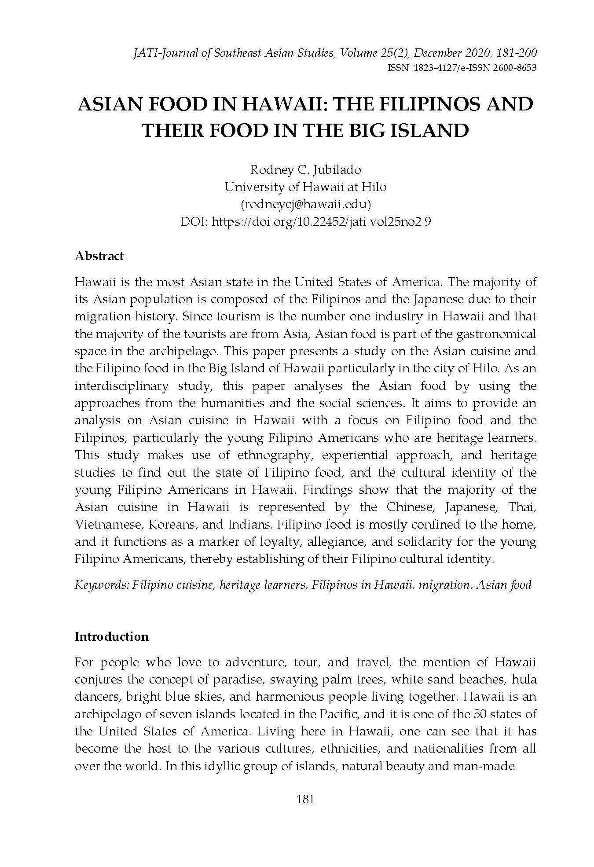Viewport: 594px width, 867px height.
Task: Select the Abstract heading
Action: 99,256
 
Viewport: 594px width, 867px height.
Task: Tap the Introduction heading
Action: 112,637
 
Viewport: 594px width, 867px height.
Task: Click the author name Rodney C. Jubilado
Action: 305,169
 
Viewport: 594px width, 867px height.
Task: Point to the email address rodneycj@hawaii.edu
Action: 305,204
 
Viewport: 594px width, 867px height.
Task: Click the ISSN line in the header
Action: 462,69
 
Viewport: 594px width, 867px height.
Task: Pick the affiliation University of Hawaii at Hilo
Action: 305,187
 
